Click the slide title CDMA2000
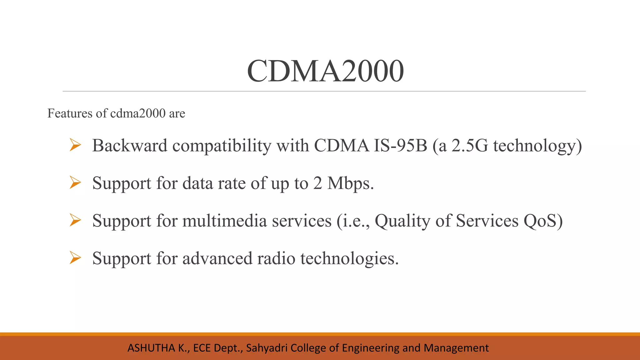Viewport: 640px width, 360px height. click(x=325, y=71)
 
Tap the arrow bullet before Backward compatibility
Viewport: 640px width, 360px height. click(x=75, y=145)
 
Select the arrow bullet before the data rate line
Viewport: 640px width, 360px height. click(x=75, y=182)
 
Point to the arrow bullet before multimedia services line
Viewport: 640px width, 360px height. click(x=75, y=220)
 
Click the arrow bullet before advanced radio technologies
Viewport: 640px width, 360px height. click(x=75, y=258)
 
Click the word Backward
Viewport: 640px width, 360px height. click(x=130, y=146)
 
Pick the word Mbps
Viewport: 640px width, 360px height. click(x=350, y=183)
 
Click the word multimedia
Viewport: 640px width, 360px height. click(x=225, y=221)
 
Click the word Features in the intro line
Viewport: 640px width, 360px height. click(x=70, y=113)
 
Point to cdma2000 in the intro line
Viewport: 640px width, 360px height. click(x=138, y=113)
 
